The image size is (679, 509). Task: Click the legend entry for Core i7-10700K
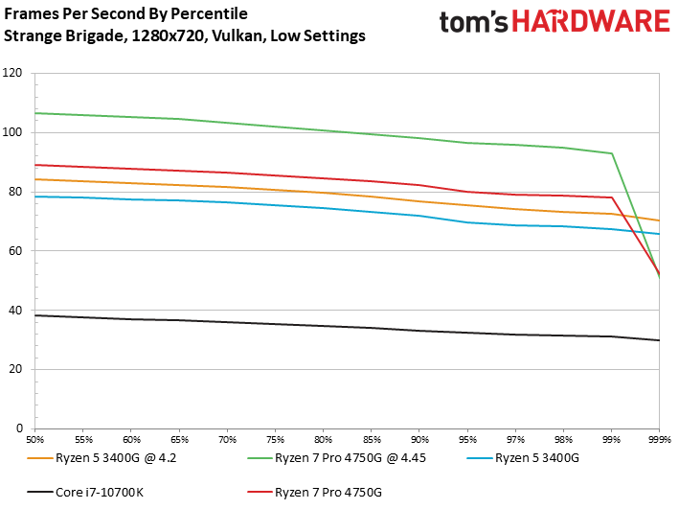click(x=85, y=492)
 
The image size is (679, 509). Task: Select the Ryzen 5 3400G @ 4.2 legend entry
click(x=102, y=458)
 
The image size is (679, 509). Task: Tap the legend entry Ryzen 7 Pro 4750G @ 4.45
click(x=337, y=458)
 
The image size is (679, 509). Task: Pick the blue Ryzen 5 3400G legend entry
click(x=523, y=458)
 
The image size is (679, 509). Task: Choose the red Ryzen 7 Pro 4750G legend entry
click(x=315, y=492)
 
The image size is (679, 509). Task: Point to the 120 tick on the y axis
click(x=12, y=73)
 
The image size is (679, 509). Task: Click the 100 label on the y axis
click(x=12, y=132)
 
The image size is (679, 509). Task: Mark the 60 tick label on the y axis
click(x=15, y=251)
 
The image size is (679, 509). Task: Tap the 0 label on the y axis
click(x=19, y=428)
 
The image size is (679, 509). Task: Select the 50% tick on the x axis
click(x=35, y=440)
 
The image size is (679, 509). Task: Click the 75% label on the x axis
click(x=276, y=440)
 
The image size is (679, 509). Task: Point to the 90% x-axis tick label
click(x=419, y=440)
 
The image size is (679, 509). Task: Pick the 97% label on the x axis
click(x=516, y=440)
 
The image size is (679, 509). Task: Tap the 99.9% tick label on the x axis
click(x=660, y=440)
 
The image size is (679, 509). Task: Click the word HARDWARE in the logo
click(x=591, y=22)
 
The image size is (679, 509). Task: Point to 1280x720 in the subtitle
click(x=168, y=35)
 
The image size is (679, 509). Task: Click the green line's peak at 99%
click(x=611, y=153)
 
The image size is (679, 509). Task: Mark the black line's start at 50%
click(x=35, y=315)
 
